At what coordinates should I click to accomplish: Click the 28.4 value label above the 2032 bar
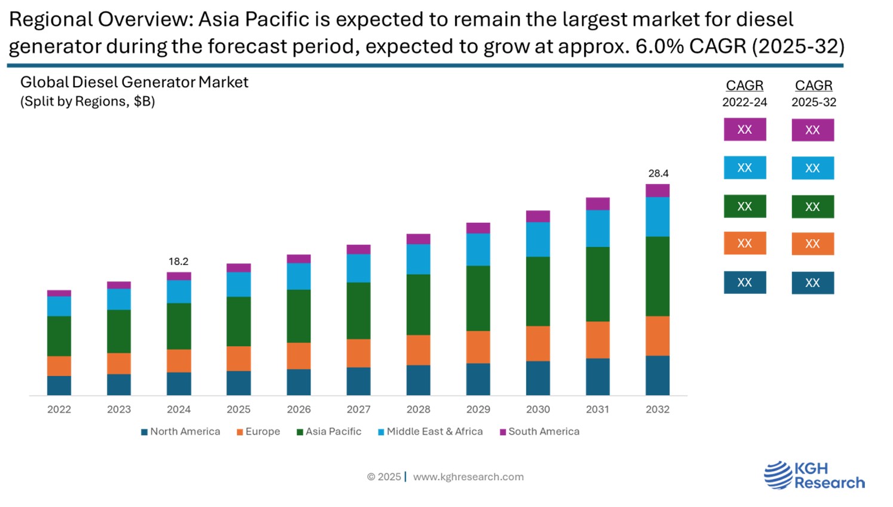click(x=658, y=174)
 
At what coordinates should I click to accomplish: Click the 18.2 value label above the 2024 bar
click(x=178, y=262)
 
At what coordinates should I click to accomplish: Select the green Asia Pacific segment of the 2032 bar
click(x=657, y=276)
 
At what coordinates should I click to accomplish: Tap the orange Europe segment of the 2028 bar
click(x=418, y=350)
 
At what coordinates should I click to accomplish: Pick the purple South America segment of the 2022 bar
click(x=59, y=293)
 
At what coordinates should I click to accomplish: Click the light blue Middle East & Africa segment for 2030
click(x=538, y=239)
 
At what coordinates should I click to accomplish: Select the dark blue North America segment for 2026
click(x=299, y=382)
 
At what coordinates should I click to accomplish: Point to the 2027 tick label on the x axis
click(x=358, y=410)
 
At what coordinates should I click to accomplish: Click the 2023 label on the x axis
click(x=119, y=410)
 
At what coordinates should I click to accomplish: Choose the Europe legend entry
click(x=258, y=432)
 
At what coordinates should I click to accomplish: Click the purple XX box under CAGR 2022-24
click(x=744, y=130)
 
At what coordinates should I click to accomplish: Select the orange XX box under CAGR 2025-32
click(x=812, y=244)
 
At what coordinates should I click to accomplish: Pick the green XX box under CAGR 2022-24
click(x=744, y=207)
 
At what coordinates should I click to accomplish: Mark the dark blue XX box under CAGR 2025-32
click(x=812, y=283)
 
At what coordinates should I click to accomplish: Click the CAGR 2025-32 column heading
click(x=814, y=93)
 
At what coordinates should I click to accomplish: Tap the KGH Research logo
click(x=814, y=475)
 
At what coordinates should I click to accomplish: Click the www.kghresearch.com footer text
click(x=468, y=477)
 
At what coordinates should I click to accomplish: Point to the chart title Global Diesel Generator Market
click(x=134, y=82)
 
